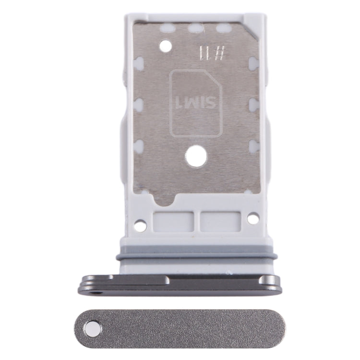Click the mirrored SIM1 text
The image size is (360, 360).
click(195, 101)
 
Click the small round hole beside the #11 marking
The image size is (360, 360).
click(166, 47)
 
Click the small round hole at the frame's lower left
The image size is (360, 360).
click(140, 224)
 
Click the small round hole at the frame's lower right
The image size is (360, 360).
click(253, 218)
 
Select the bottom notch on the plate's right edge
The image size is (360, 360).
click(253, 145)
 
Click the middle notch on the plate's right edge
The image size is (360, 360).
click(253, 104)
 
